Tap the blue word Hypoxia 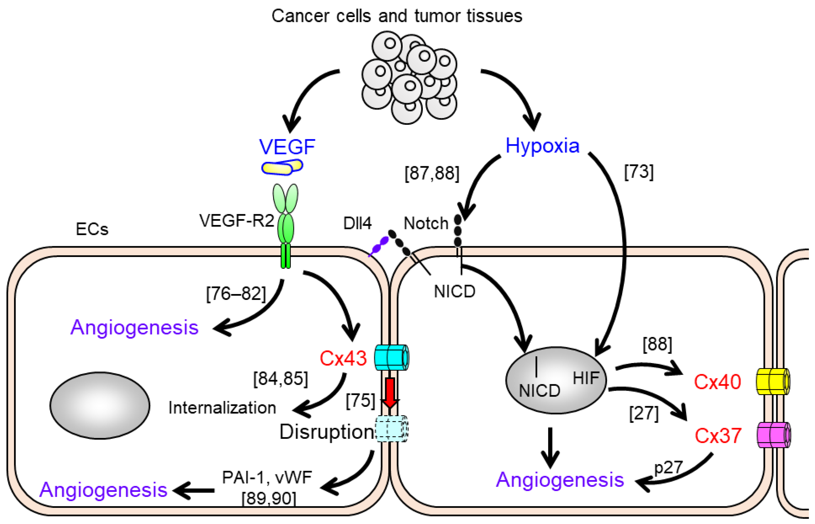click(x=542, y=146)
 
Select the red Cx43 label click(x=343, y=358)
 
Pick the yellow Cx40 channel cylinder click(x=772, y=382)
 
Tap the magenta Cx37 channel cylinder click(x=773, y=435)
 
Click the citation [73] click(x=639, y=172)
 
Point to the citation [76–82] click(x=236, y=294)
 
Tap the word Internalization click(x=222, y=408)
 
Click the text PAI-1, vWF click(x=266, y=477)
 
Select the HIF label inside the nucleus click(x=585, y=378)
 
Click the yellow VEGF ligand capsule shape click(x=282, y=167)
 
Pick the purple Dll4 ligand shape click(x=380, y=246)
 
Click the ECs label click(x=92, y=229)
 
